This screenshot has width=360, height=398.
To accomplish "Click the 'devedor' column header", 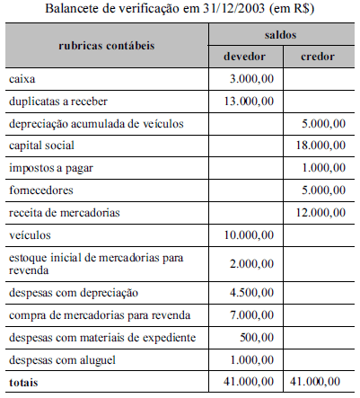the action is (244, 56).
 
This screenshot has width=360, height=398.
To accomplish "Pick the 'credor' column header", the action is (320, 56).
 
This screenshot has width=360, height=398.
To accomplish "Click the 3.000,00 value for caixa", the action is (251, 79).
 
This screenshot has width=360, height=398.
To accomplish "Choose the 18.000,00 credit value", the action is (320, 144).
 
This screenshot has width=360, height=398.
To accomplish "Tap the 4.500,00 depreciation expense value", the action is (251, 292).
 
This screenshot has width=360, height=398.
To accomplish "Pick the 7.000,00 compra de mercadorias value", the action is (251, 314).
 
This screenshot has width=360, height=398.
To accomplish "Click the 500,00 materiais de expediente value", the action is (257, 337).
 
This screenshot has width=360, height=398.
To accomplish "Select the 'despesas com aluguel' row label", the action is (62, 359).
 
